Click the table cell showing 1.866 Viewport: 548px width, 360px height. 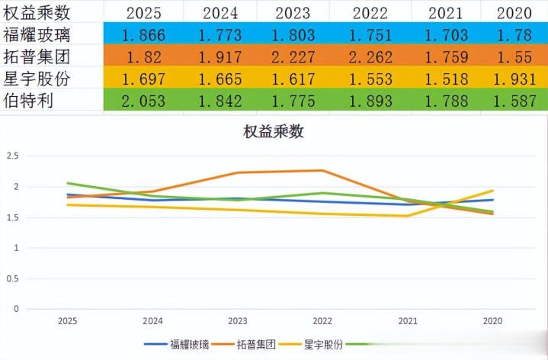pyautogui.click(x=144, y=35)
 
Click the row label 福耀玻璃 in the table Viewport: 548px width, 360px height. pyautogui.click(x=37, y=35)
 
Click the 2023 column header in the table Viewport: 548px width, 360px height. pyautogui.click(x=293, y=13)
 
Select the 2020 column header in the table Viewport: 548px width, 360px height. pyautogui.click(x=514, y=13)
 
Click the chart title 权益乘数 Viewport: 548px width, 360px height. pyautogui.click(x=274, y=131)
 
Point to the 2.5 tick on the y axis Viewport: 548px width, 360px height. pyautogui.click(x=13, y=156)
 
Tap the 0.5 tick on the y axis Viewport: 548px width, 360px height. pyautogui.click(x=13, y=278)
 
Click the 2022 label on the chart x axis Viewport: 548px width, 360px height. pyautogui.click(x=322, y=321)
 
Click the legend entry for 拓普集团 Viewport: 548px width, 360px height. pyautogui.click(x=256, y=344)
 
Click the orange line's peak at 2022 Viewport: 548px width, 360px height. pyautogui.click(x=322, y=170)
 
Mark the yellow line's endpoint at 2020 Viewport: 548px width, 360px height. pyautogui.click(x=492, y=191)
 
